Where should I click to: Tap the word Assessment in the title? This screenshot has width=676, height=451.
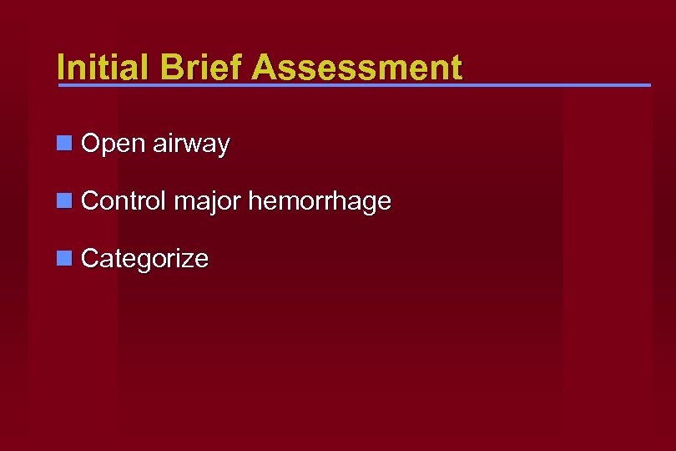pyautogui.click(x=357, y=68)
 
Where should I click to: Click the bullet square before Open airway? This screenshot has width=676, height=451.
pyautogui.click(x=63, y=144)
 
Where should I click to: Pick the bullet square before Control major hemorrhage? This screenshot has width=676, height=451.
pyautogui.click(x=63, y=201)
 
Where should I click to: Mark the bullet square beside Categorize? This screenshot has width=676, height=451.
pyautogui.click(x=63, y=259)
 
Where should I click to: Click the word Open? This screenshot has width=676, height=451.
pyautogui.click(x=114, y=144)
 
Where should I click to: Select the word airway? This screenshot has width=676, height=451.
pyautogui.click(x=191, y=144)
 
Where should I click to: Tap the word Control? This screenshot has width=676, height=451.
pyautogui.click(x=124, y=201)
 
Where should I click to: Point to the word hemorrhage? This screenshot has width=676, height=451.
pyautogui.click(x=320, y=201)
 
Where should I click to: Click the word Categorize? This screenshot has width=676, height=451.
pyautogui.click(x=144, y=259)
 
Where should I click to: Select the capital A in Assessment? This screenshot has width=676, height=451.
pyautogui.click(x=266, y=68)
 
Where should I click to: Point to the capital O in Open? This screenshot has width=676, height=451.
pyautogui.click(x=92, y=144)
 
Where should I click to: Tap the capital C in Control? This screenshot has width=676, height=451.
pyautogui.click(x=91, y=201)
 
